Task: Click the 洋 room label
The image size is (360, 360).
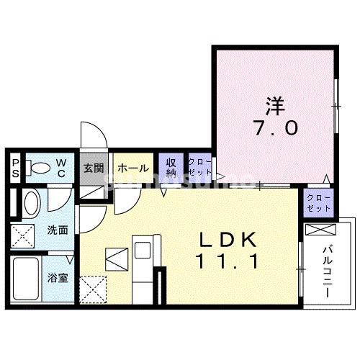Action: click(x=274, y=105)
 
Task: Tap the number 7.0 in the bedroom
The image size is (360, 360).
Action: click(x=274, y=130)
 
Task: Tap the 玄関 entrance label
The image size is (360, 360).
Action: click(x=94, y=168)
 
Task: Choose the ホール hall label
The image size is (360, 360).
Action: click(x=133, y=168)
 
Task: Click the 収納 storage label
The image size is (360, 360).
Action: click(x=171, y=168)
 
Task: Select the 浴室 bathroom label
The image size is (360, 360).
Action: click(x=58, y=276)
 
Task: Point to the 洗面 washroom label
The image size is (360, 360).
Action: click(x=58, y=231)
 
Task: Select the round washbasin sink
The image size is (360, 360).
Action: click(x=31, y=202)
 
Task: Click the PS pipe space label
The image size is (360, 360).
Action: click(x=14, y=169)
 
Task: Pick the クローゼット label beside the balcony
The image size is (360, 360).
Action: click(x=318, y=202)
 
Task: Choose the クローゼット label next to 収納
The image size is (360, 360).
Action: click(x=199, y=168)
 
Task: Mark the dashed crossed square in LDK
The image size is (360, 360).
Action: click(x=93, y=289)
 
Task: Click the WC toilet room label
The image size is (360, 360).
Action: click(x=61, y=168)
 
